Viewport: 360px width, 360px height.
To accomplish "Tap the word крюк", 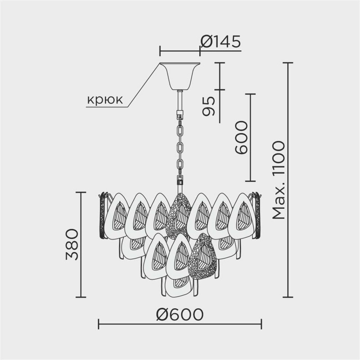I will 104,100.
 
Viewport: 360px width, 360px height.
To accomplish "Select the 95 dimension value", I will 208,106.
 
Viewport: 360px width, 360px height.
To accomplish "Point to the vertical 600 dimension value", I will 241,138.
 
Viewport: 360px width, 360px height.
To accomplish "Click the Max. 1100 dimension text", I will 279,180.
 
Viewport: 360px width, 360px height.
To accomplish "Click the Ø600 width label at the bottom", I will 180,314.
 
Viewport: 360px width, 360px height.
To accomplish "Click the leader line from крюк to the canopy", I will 144,85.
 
